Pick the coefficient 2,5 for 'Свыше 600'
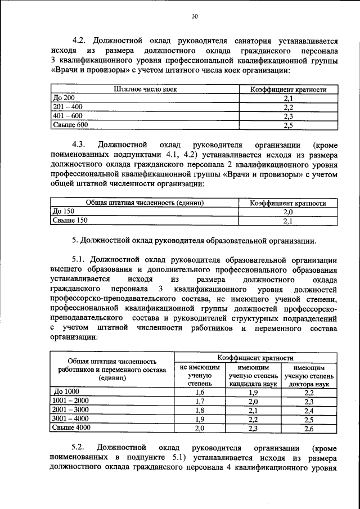click(288, 125)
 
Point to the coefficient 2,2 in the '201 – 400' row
click(288, 107)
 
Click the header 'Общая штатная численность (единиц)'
click(144, 202)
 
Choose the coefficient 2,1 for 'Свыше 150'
click(288, 221)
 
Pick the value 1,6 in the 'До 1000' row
click(199, 392)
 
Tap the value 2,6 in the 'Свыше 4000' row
click(309, 429)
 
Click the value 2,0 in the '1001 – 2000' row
click(253, 401)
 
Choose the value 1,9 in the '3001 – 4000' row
click(199, 419)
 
